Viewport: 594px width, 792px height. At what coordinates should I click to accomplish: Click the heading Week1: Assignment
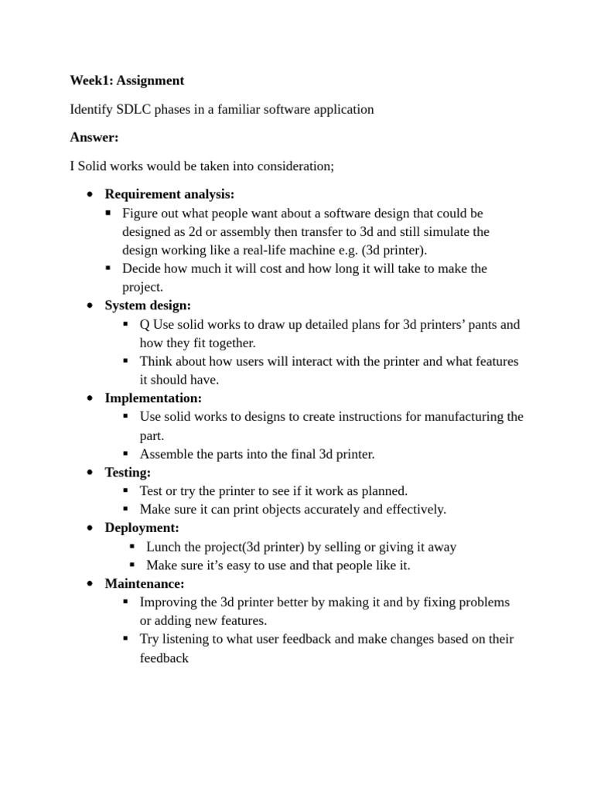click(x=127, y=80)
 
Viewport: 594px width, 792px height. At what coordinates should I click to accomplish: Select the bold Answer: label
click(x=94, y=138)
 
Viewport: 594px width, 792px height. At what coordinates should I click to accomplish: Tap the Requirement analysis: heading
click(x=169, y=194)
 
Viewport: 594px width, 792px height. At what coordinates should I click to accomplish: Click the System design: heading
click(x=148, y=306)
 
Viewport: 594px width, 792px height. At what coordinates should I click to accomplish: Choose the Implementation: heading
click(x=153, y=398)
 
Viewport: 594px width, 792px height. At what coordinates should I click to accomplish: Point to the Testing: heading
click(x=128, y=473)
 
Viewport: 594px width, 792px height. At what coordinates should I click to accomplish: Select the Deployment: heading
click(x=142, y=528)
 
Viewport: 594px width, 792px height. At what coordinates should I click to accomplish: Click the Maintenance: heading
click(x=145, y=584)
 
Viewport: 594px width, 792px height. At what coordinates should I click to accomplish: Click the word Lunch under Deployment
click(x=164, y=547)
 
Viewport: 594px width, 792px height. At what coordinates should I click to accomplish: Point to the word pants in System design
click(x=483, y=324)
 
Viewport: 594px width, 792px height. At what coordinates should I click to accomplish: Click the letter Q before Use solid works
click(x=145, y=324)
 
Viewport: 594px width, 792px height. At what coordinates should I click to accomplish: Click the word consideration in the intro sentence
click(x=293, y=166)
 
